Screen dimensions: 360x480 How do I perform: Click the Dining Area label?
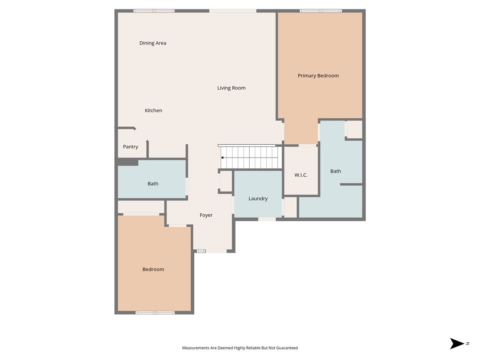point(153,43)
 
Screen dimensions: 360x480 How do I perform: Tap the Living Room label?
point(231,88)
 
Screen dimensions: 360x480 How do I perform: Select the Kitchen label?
point(154,110)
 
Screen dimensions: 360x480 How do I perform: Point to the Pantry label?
point(130,147)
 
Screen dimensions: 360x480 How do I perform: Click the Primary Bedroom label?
point(318,76)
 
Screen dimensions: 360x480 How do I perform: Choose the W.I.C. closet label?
point(301,175)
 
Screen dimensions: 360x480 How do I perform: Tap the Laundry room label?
point(258,199)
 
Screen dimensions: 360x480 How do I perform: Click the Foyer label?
point(206,215)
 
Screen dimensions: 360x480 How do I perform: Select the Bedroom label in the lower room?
point(153,270)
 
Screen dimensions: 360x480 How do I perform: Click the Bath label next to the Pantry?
point(153,184)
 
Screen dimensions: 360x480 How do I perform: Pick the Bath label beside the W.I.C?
point(336,171)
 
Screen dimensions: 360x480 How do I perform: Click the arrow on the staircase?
point(222,158)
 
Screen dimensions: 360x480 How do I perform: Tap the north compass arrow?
point(457,344)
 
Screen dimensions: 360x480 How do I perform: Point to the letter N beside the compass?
point(467,344)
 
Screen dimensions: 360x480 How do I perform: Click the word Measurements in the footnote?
point(196,348)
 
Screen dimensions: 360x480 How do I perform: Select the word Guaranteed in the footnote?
point(286,348)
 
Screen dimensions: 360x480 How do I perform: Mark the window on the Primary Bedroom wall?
point(321,11)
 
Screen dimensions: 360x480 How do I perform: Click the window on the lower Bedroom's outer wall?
point(155,312)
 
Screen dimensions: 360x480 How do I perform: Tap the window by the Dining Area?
point(154,11)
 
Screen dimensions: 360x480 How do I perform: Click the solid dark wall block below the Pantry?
point(127,162)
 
